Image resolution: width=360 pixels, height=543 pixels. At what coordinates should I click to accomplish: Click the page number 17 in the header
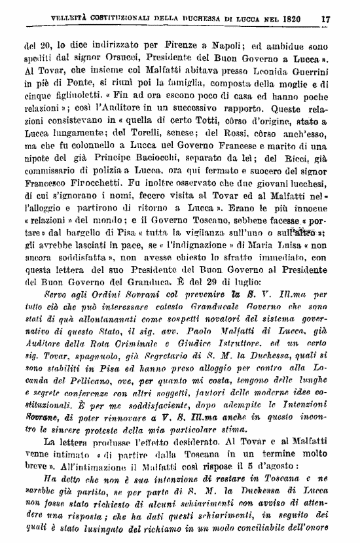tap(325, 18)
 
